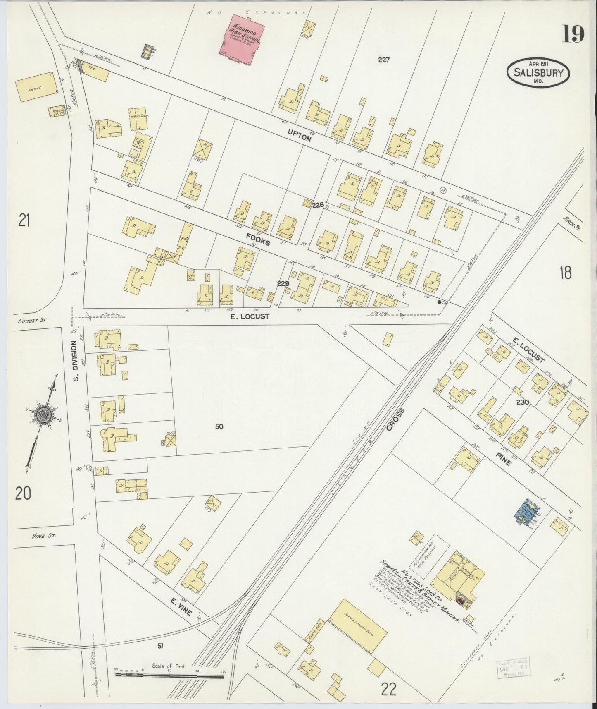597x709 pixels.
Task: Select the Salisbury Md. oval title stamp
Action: (538, 72)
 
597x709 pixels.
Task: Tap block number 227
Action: (383, 60)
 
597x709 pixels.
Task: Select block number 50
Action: (219, 427)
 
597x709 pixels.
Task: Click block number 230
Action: (523, 402)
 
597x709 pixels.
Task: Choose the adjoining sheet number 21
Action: (24, 221)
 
